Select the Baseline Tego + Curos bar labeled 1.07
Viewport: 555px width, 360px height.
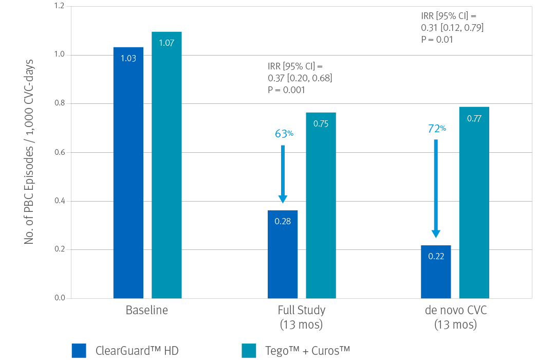pyautogui.click(x=166, y=165)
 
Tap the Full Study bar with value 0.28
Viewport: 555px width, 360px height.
pyautogui.click(x=282, y=254)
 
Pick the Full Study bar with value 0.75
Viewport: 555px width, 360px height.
pyautogui.click(x=321, y=205)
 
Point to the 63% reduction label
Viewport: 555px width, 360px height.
pyautogui.click(x=284, y=134)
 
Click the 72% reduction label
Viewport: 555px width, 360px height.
pyautogui.click(x=437, y=129)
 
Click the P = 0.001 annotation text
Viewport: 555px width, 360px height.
pyautogui.click(x=287, y=90)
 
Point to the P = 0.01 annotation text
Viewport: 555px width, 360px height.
pyautogui.click(x=437, y=39)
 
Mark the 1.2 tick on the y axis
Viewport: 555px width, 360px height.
pyautogui.click(x=59, y=7)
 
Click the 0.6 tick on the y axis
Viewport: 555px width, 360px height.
pyautogui.click(x=59, y=153)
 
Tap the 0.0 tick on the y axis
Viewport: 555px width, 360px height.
pyautogui.click(x=59, y=298)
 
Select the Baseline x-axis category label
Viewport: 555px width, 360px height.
pyautogui.click(x=147, y=311)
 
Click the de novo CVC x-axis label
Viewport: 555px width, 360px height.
pyautogui.click(x=455, y=311)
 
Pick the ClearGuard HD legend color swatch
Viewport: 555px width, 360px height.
pyautogui.click(x=79, y=350)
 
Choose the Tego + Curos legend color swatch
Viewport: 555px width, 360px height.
pyautogui.click(x=249, y=350)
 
